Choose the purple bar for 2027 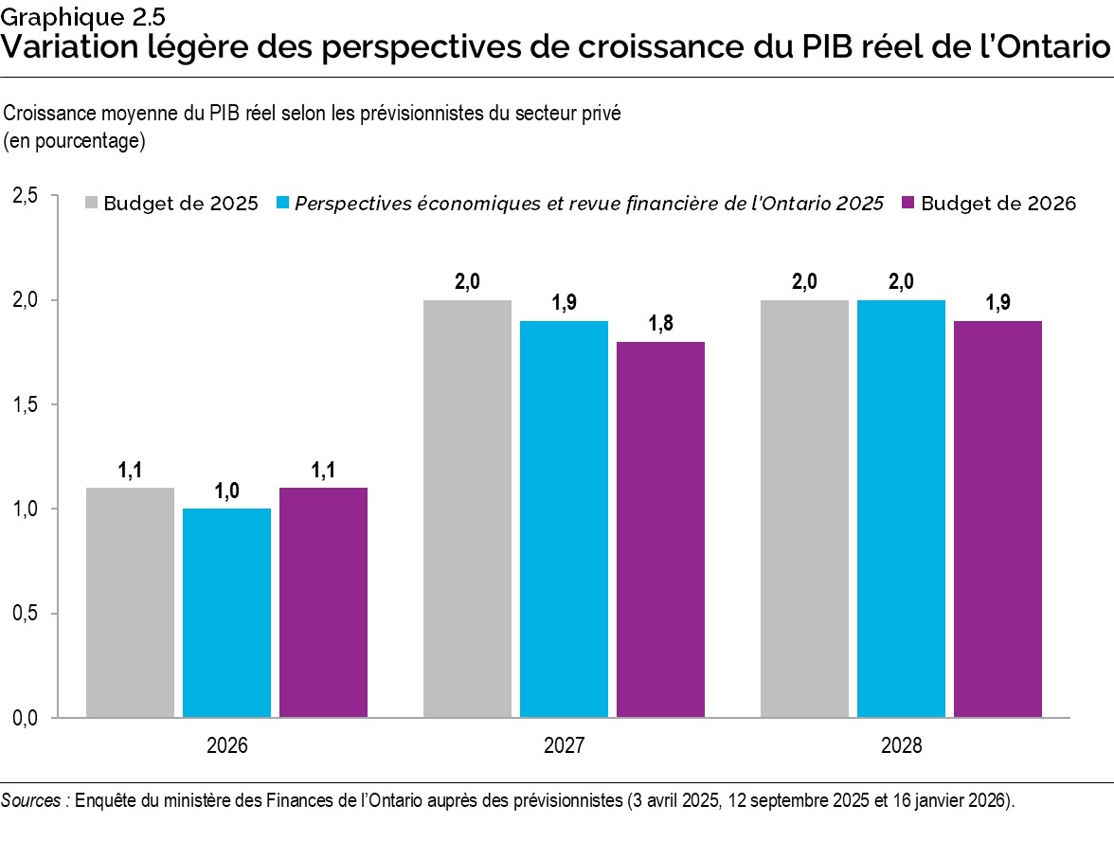coord(660,529)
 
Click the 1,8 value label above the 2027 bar coord(660,324)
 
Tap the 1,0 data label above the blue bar coord(226,491)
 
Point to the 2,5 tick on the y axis coord(25,196)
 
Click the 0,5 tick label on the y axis coord(25,614)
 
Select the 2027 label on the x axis coord(564,745)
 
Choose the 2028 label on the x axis coord(901,745)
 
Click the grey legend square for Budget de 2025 coord(92,204)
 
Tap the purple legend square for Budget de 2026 coord(908,204)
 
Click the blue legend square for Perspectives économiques coord(283,204)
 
